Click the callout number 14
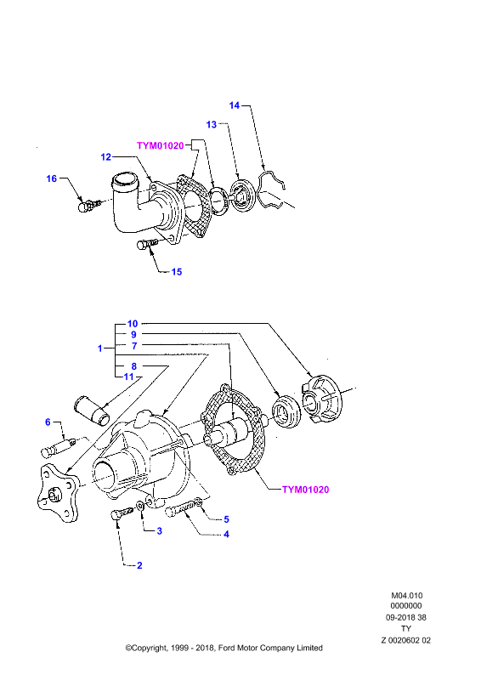pos(235,105)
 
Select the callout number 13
pos(212,124)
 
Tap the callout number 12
pos(106,157)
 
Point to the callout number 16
pos(52,178)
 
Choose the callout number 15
pos(177,272)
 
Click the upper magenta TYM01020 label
pos(161,145)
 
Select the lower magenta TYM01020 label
pos(305,490)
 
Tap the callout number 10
pos(133,324)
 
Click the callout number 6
pos(48,422)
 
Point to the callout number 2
pos(139,565)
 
